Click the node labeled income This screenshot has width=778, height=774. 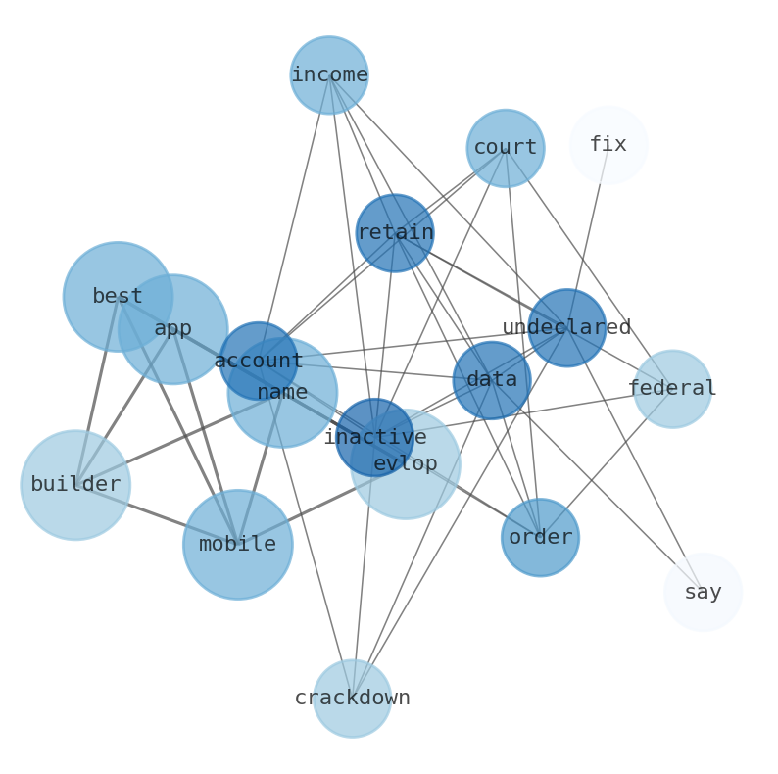[x=329, y=75]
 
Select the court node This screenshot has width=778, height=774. [x=506, y=148]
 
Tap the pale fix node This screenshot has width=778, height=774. [x=608, y=145]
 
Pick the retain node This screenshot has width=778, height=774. [x=395, y=233]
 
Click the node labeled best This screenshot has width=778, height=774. [x=118, y=296]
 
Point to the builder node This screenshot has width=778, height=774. [x=75, y=485]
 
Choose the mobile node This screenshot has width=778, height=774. [x=237, y=545]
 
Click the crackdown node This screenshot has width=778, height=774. [x=353, y=699]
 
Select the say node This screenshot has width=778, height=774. [x=704, y=593]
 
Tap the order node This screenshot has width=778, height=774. [x=540, y=538]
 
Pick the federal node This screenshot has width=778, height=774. [x=672, y=389]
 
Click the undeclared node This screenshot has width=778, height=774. [x=566, y=328]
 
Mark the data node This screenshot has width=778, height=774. [x=492, y=380]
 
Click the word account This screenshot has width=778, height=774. [x=259, y=362]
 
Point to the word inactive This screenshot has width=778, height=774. [x=375, y=438]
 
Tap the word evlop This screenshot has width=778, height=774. [x=406, y=464]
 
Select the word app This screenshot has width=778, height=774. [x=173, y=329]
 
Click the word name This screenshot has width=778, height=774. [x=282, y=393]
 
